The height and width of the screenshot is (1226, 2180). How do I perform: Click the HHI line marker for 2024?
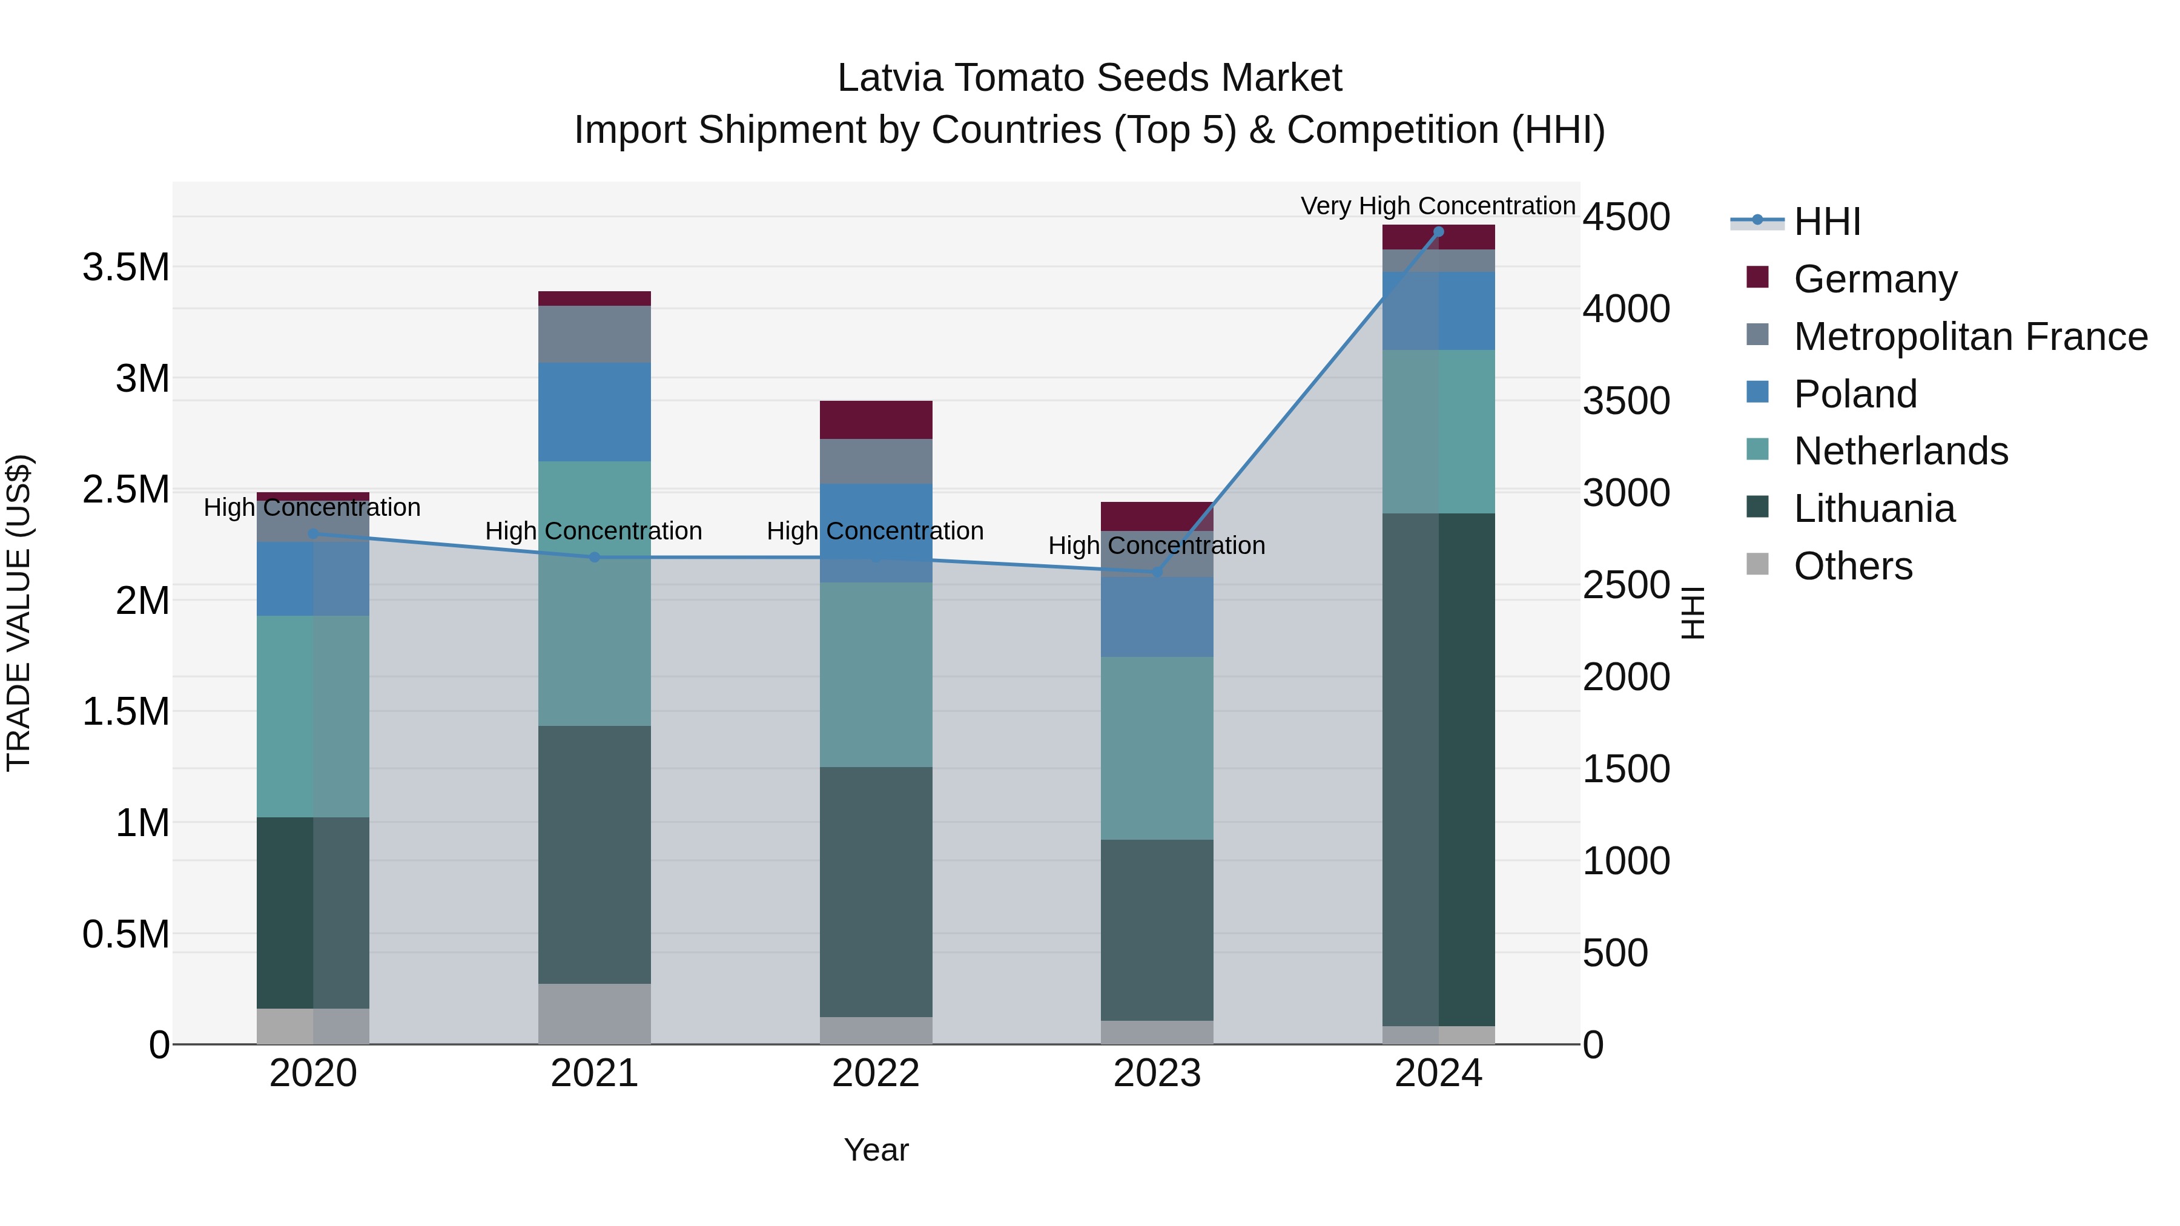[x=1439, y=232]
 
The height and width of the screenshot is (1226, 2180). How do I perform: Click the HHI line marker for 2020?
[x=313, y=534]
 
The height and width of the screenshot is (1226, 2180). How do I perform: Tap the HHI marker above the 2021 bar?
[x=594, y=558]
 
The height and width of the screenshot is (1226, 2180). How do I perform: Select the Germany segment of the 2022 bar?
[x=876, y=420]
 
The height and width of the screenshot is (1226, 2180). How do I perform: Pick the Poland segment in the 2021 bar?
[x=594, y=412]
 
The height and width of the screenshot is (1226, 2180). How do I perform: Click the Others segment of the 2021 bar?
[x=594, y=1013]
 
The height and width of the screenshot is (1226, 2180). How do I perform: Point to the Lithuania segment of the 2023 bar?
[x=1157, y=930]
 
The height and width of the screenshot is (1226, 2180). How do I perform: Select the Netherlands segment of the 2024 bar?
[x=1439, y=432]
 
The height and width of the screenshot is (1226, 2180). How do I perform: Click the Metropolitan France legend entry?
[x=1970, y=337]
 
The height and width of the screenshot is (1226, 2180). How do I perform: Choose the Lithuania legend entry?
[x=1874, y=509]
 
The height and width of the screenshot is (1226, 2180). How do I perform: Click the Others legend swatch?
[x=1758, y=564]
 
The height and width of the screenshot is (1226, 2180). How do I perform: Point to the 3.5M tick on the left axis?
[x=125, y=268]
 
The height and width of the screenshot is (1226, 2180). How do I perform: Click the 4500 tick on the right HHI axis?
[x=1627, y=217]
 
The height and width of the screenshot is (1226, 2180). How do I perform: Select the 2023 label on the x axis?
[x=1157, y=1073]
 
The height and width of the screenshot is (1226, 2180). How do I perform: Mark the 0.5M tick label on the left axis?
[x=125, y=934]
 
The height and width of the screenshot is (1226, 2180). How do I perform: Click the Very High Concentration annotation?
[x=1438, y=206]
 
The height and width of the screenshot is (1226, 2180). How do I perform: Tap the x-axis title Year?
[x=876, y=1150]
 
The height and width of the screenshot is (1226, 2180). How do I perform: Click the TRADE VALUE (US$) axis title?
[x=19, y=613]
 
